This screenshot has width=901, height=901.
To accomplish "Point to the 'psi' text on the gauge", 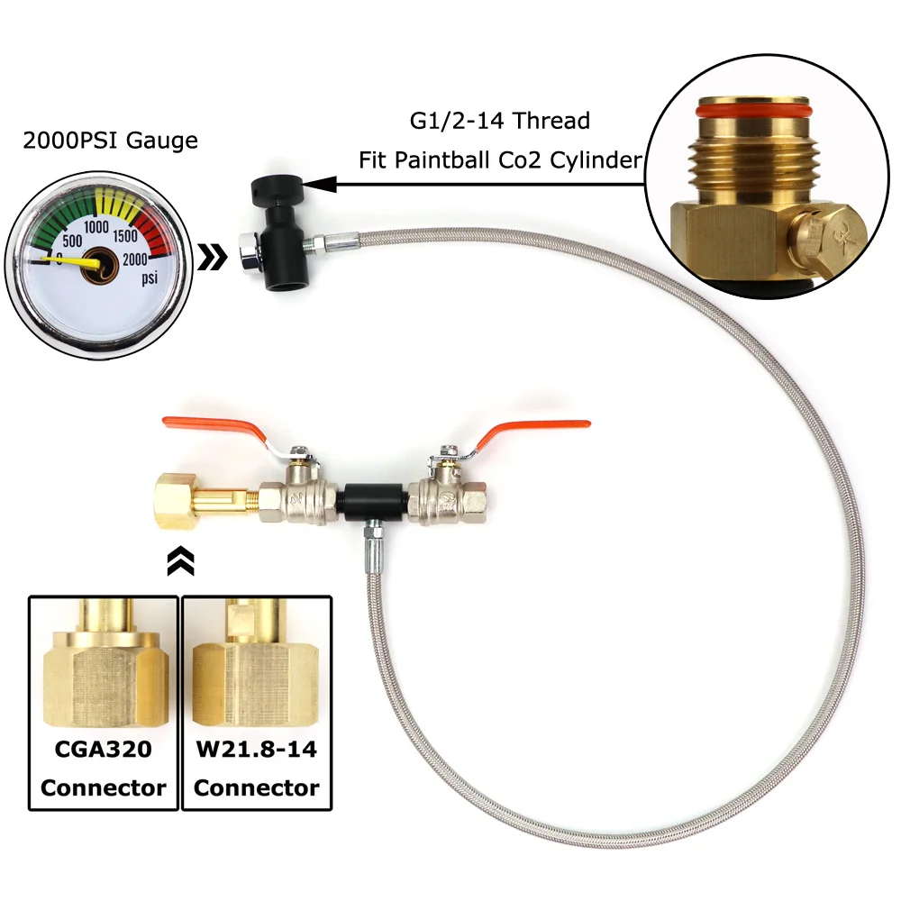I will point(149,279).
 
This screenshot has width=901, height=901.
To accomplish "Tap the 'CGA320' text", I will point(104,749).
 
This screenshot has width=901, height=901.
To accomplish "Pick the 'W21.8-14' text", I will point(257,749).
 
